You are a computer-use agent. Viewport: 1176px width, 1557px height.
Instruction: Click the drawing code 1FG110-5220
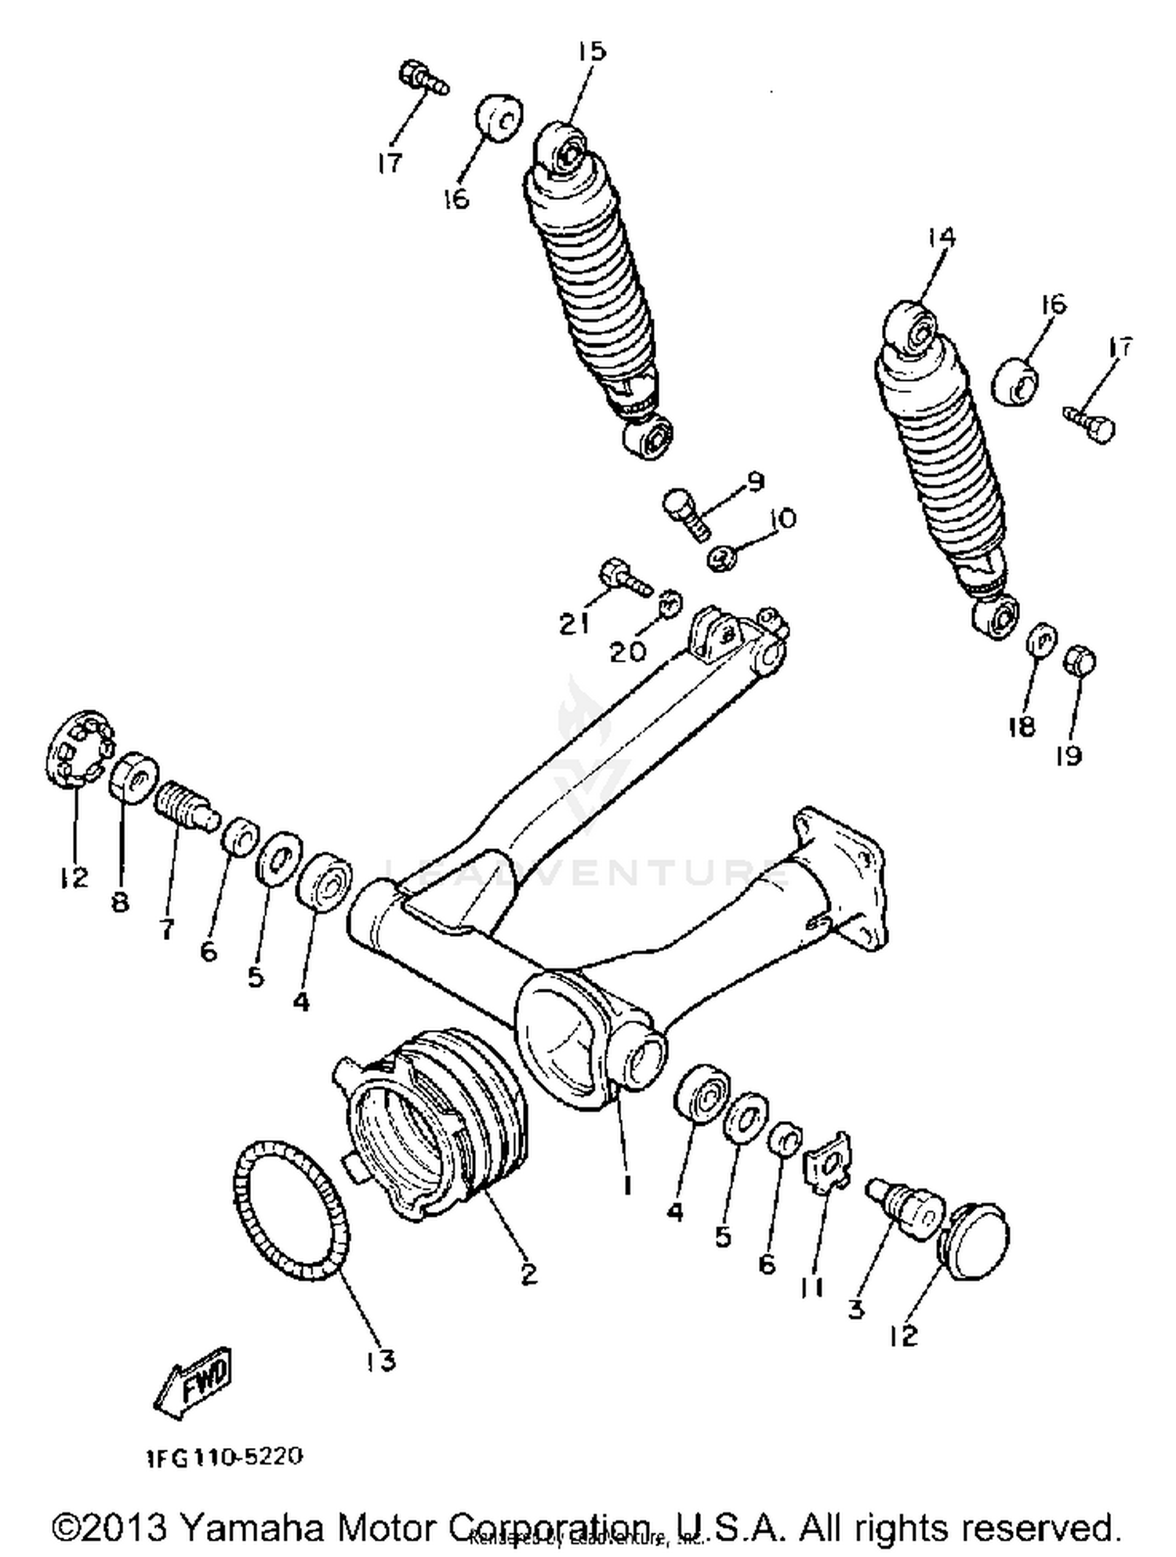(224, 1457)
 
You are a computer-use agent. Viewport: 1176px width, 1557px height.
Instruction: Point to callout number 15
(592, 52)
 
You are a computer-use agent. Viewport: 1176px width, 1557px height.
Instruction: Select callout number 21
(574, 624)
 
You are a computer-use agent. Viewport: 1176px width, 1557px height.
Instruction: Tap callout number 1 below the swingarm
(626, 1186)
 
